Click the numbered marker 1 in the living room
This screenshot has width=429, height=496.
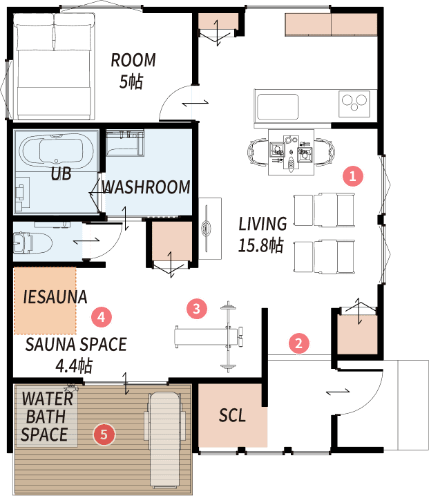click(x=353, y=175)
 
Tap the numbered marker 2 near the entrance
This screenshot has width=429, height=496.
click(x=298, y=343)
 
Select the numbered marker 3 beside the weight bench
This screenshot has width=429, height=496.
click(x=196, y=308)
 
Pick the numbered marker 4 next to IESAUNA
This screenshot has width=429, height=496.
click(x=102, y=316)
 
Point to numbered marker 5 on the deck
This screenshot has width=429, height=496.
click(x=104, y=435)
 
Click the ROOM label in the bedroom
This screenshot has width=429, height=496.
click(x=133, y=60)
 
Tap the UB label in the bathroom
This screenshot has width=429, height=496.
click(x=61, y=173)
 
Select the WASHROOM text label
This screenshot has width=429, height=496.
click(x=146, y=187)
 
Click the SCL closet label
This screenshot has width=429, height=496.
click(x=232, y=415)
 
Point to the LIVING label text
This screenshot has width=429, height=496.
click(x=263, y=224)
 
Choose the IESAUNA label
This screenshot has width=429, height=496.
click(x=55, y=297)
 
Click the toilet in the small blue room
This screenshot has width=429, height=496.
click(x=32, y=242)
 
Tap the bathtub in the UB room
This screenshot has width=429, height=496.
click(x=57, y=151)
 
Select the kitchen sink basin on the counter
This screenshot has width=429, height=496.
click(x=278, y=106)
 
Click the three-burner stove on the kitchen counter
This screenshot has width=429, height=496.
click(x=354, y=104)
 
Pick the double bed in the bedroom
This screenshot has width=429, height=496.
click(x=54, y=66)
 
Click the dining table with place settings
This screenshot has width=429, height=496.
click(x=292, y=152)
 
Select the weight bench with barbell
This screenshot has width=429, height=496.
click(x=211, y=337)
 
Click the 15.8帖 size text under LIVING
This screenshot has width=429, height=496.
click(x=260, y=245)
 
